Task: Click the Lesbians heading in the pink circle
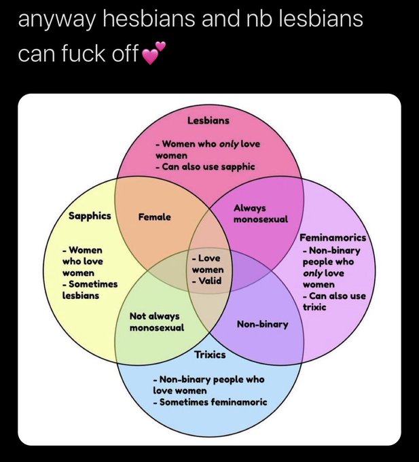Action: pyautogui.click(x=208, y=120)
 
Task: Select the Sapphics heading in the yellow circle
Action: pyautogui.click(x=90, y=216)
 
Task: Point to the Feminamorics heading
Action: pyautogui.click(x=333, y=238)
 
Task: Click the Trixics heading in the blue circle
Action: pyautogui.click(x=210, y=355)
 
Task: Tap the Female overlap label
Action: pyautogui.click(x=155, y=217)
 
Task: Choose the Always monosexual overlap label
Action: pyautogui.click(x=260, y=213)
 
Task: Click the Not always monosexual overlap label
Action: pyautogui.click(x=157, y=322)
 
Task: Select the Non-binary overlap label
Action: pyautogui.click(x=262, y=325)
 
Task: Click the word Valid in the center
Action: pyautogui.click(x=211, y=281)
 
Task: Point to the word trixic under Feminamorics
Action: pyautogui.click(x=314, y=307)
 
